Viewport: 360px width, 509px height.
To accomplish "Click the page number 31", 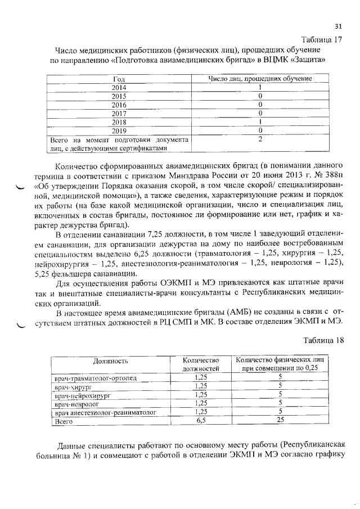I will pos(338,26).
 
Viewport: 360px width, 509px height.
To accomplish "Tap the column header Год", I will pos(119,79).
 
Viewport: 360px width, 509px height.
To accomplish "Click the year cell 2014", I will pos(119,88).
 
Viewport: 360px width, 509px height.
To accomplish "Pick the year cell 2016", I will pos(119,105).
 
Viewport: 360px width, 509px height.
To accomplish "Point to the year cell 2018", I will pos(119,121).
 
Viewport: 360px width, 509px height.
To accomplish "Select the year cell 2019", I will pos(119,130).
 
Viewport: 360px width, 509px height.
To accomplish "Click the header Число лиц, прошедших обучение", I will pos(260,79).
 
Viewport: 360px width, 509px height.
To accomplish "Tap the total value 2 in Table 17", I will pos(260,139).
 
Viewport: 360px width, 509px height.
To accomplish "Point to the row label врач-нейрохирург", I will pos(82,395).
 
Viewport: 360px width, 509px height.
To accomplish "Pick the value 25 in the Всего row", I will pos(280,420).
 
